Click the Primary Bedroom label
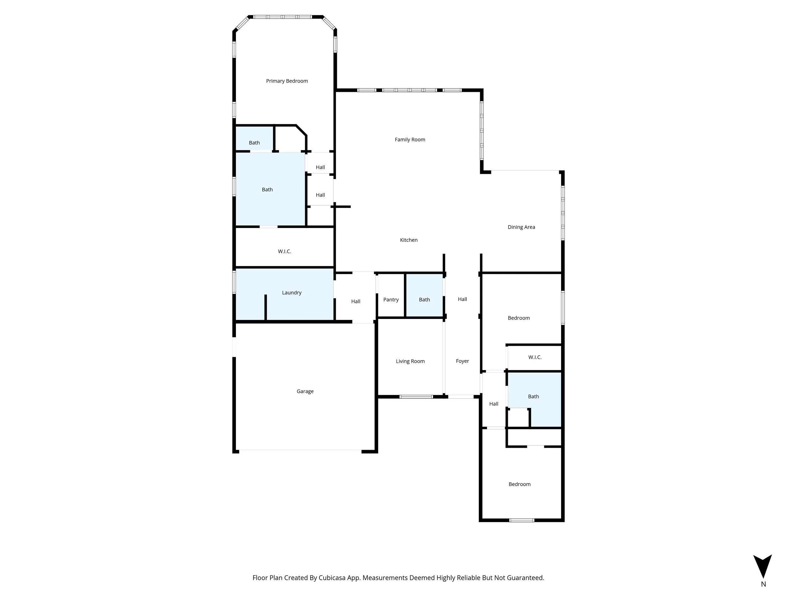(x=287, y=81)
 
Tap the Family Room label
(x=410, y=139)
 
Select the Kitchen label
(x=409, y=240)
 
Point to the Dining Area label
(x=521, y=227)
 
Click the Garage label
(x=305, y=391)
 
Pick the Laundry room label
(x=291, y=293)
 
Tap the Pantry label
(x=391, y=299)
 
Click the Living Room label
(x=410, y=361)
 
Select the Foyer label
(x=462, y=361)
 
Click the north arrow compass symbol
(x=763, y=566)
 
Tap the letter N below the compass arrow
(x=763, y=584)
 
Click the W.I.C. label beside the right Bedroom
(x=535, y=357)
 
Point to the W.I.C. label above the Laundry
(x=284, y=251)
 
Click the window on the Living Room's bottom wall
(x=416, y=396)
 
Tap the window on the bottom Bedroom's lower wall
(x=521, y=520)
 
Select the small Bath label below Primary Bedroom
(x=254, y=143)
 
